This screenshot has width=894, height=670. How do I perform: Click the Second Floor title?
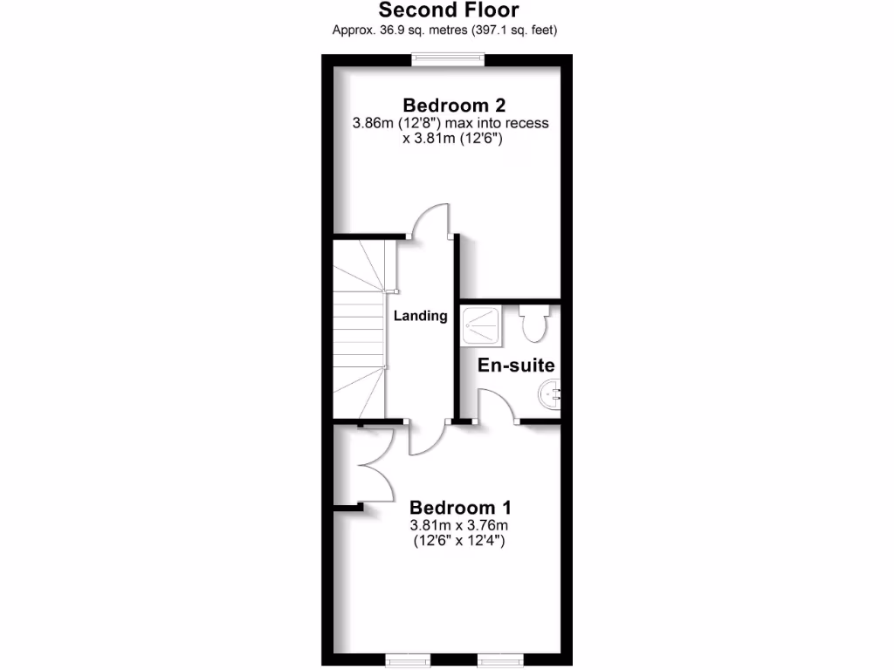click(x=448, y=10)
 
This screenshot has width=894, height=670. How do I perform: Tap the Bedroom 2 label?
click(x=450, y=105)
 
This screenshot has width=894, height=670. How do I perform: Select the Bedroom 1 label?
click(x=460, y=507)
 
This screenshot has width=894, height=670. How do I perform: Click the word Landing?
click(x=420, y=316)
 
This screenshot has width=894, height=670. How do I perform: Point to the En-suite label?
click(x=516, y=366)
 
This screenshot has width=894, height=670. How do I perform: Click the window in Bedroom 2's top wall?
click(x=449, y=58)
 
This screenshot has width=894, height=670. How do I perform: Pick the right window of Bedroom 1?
click(x=499, y=660)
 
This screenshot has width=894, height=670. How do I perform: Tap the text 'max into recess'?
click(x=499, y=123)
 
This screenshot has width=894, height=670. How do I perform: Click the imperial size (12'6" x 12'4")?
click(x=459, y=542)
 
